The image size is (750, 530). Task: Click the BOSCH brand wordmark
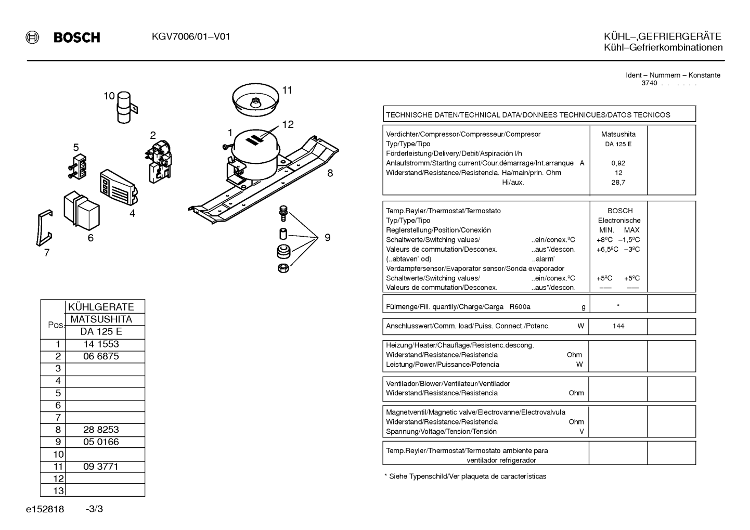(76, 37)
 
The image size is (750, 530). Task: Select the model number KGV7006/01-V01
(191, 36)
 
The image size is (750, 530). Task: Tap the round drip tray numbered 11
(256, 100)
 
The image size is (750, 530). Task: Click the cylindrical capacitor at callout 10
(124, 107)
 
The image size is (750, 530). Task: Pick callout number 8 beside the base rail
(330, 173)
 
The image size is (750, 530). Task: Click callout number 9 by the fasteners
(328, 237)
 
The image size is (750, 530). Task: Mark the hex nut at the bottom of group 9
(283, 268)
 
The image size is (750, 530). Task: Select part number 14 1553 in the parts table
(101, 344)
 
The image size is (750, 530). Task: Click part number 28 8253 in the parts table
(101, 430)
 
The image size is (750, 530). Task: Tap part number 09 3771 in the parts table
(101, 467)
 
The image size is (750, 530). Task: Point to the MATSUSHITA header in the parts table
(101, 319)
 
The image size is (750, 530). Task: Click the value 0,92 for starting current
(618, 163)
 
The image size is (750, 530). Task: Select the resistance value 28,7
(618, 183)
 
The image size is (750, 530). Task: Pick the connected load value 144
(618, 326)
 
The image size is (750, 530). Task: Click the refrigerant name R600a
(520, 307)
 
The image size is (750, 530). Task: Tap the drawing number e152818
(45, 509)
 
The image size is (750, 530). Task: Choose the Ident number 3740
(649, 83)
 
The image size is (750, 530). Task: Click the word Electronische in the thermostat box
(619, 221)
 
